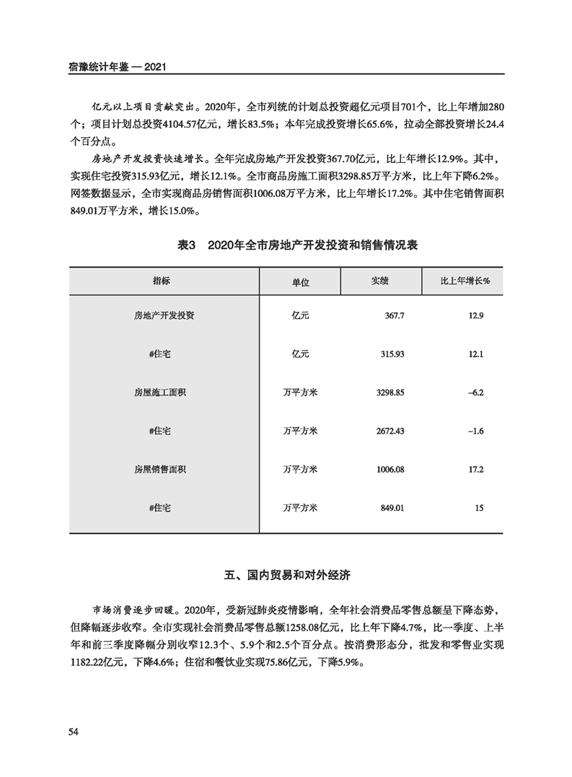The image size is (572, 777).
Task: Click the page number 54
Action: [x=73, y=732]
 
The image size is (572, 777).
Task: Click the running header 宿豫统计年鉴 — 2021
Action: [x=118, y=66]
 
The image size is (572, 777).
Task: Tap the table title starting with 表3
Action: [x=297, y=245]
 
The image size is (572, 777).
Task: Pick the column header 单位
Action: [x=300, y=281]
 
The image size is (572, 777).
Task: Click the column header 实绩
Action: [x=380, y=281]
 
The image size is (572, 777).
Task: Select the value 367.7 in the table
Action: [x=393, y=316]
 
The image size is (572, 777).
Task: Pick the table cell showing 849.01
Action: [x=392, y=508]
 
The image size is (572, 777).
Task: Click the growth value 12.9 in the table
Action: [x=476, y=316]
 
